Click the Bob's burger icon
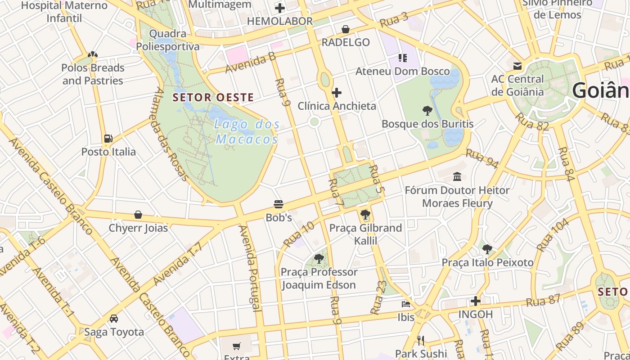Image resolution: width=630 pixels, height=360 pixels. click(x=279, y=204)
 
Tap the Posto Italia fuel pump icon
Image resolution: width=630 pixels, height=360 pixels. click(x=108, y=139)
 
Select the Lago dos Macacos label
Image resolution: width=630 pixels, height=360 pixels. click(x=247, y=132)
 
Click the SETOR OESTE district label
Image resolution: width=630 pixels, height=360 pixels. click(x=213, y=97)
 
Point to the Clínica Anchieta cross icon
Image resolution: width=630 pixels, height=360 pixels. click(x=337, y=93)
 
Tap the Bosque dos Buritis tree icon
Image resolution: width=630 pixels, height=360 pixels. click(x=427, y=110)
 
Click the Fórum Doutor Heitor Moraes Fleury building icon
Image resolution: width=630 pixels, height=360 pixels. click(x=457, y=176)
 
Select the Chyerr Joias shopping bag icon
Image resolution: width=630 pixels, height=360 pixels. click(x=138, y=215)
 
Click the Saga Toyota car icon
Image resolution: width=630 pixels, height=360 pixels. click(x=114, y=319)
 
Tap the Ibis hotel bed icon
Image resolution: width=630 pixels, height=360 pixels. click(x=406, y=304)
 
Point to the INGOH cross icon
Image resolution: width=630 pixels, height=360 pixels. click(x=476, y=301)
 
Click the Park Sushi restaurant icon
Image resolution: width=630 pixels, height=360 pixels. click(x=421, y=340)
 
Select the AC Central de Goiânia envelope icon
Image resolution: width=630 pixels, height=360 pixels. click(x=517, y=66)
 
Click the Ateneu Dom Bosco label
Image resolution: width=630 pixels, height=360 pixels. click(x=403, y=72)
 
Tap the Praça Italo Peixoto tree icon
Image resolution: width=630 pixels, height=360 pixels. click(x=487, y=249)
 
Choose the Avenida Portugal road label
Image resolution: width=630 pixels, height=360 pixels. click(x=250, y=268)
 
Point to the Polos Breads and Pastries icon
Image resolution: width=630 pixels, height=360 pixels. click(x=93, y=55)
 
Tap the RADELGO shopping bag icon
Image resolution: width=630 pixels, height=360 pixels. click(x=346, y=29)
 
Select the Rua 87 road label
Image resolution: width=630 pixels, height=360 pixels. click(x=544, y=301)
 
